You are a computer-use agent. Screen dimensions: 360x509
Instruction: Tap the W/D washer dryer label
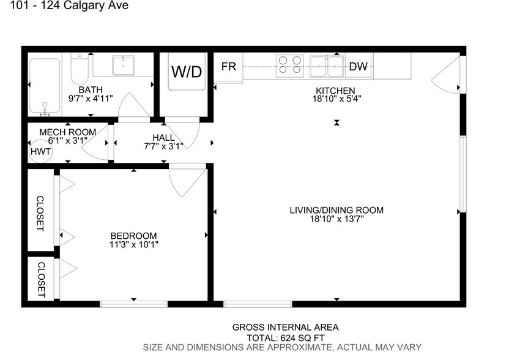coord(186,72)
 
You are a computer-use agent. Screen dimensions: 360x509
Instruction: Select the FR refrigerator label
coord(229,67)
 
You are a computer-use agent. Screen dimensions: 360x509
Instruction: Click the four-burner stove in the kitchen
coord(290,66)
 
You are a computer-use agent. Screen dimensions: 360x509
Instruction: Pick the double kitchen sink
coord(327,66)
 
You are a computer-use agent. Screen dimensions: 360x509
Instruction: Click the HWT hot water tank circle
coord(40,151)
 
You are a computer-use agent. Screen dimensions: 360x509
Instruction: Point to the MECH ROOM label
coord(67,132)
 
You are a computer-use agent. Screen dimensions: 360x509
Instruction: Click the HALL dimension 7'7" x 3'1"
coord(163,146)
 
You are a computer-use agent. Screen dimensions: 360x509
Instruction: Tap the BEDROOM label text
coord(133,236)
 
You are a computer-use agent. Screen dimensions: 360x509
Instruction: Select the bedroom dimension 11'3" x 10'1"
coord(133,245)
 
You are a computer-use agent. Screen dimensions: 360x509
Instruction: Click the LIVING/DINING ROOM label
coord(336,210)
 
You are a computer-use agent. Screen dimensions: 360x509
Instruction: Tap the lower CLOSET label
coord(41,279)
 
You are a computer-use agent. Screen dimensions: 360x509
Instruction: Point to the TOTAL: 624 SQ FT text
coord(285,337)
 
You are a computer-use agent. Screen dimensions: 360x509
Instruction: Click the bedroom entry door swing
coord(187,182)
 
